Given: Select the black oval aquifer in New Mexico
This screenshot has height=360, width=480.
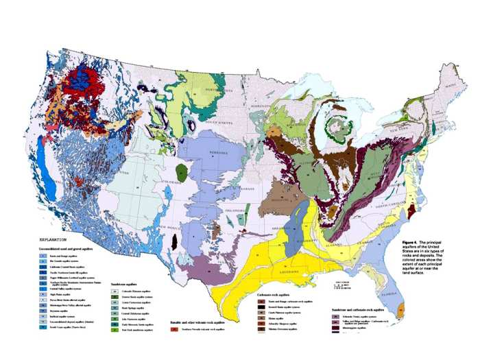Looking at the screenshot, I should (x=174, y=241).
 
